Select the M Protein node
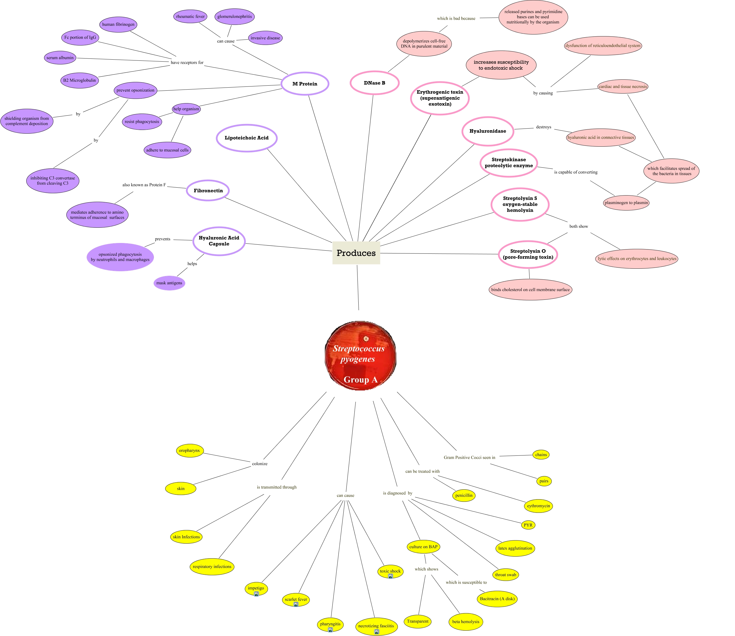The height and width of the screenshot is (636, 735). (305, 84)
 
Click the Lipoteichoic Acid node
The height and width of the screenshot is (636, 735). (247, 138)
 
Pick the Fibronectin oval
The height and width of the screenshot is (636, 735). (208, 191)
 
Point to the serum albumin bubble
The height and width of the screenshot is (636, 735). (60, 57)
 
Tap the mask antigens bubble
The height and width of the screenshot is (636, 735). (169, 283)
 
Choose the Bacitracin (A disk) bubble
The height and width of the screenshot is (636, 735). (497, 598)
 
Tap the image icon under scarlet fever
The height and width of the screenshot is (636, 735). (296, 604)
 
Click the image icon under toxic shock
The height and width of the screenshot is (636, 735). (390, 576)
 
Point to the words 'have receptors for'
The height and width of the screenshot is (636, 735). (187, 62)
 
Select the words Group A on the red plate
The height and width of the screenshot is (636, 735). (360, 379)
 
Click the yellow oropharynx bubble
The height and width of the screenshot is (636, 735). (189, 450)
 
